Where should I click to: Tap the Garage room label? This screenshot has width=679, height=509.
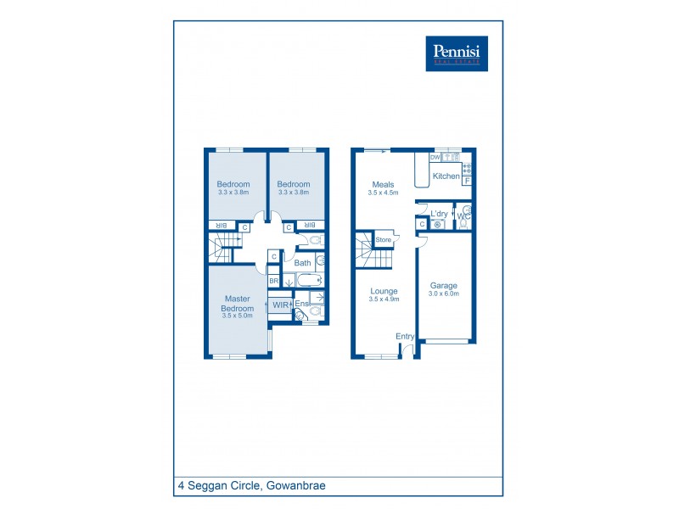tap(444, 285)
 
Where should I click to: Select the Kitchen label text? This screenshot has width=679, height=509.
tap(446, 176)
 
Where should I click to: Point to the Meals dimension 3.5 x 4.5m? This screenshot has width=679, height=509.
tap(383, 193)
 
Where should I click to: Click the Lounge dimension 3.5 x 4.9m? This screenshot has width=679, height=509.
tap(384, 299)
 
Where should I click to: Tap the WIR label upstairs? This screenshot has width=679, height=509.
tap(279, 305)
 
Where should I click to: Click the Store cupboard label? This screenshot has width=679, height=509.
tap(384, 240)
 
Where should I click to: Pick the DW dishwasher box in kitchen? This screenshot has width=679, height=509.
tap(435, 158)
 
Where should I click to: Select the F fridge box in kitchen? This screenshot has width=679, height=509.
tap(466, 181)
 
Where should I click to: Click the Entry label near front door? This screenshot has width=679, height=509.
tap(405, 337)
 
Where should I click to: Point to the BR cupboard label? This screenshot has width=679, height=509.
tap(273, 281)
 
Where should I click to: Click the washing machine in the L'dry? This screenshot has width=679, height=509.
tap(437, 225)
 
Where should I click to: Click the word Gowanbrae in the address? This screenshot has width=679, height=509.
tap(296, 486)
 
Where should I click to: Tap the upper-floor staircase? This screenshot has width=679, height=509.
tap(222, 249)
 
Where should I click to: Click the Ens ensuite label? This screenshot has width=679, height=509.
tap(300, 304)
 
